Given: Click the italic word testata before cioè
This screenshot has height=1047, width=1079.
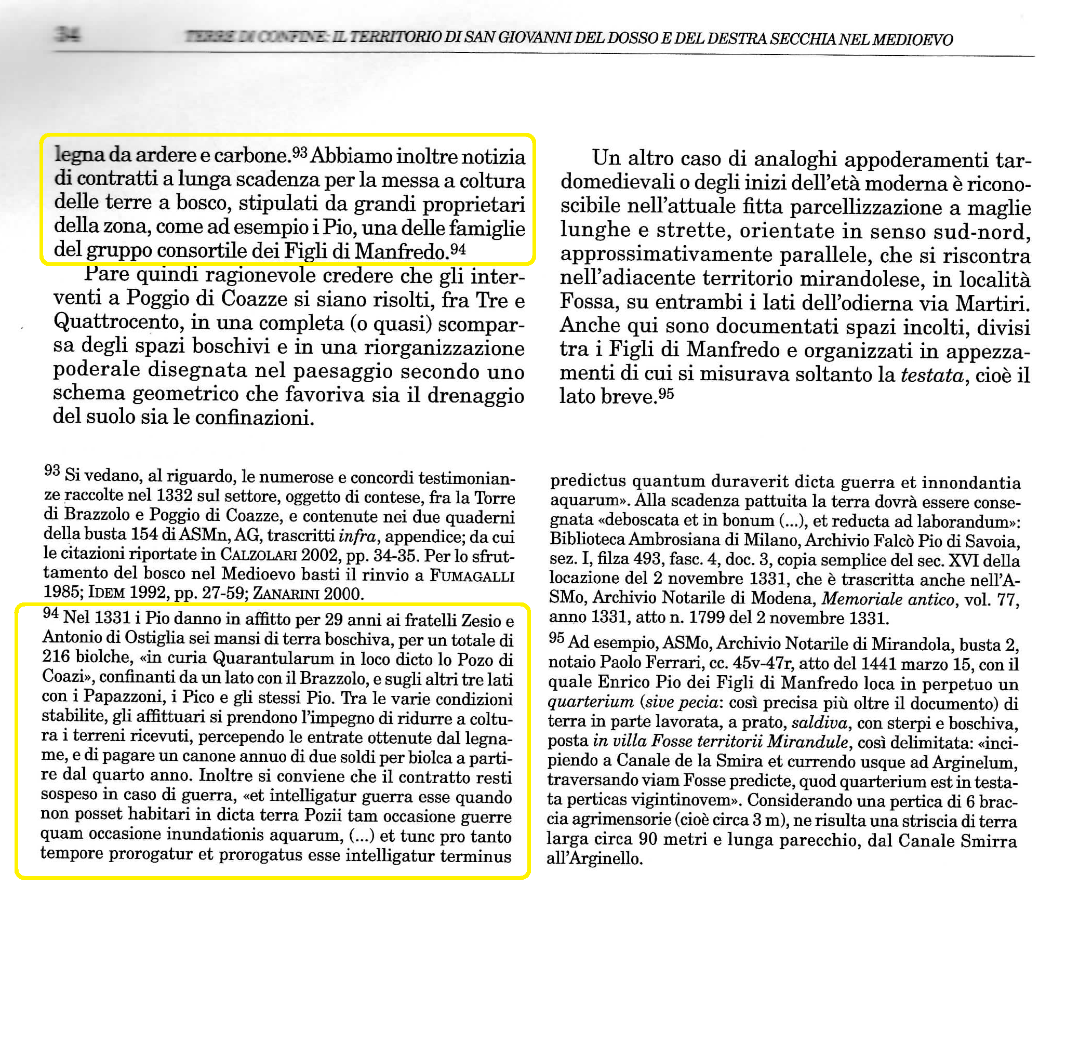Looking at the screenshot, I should click(x=932, y=375).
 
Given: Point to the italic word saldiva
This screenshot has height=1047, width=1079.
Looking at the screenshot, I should click(x=819, y=722).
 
